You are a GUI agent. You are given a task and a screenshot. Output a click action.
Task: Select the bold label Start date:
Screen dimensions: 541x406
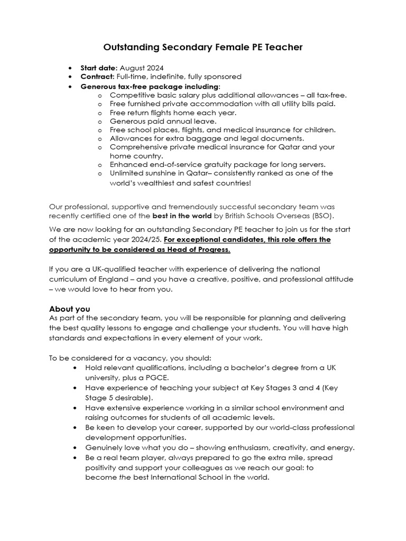tap(99, 68)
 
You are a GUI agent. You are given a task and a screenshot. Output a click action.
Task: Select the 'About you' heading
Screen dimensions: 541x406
tap(69, 309)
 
